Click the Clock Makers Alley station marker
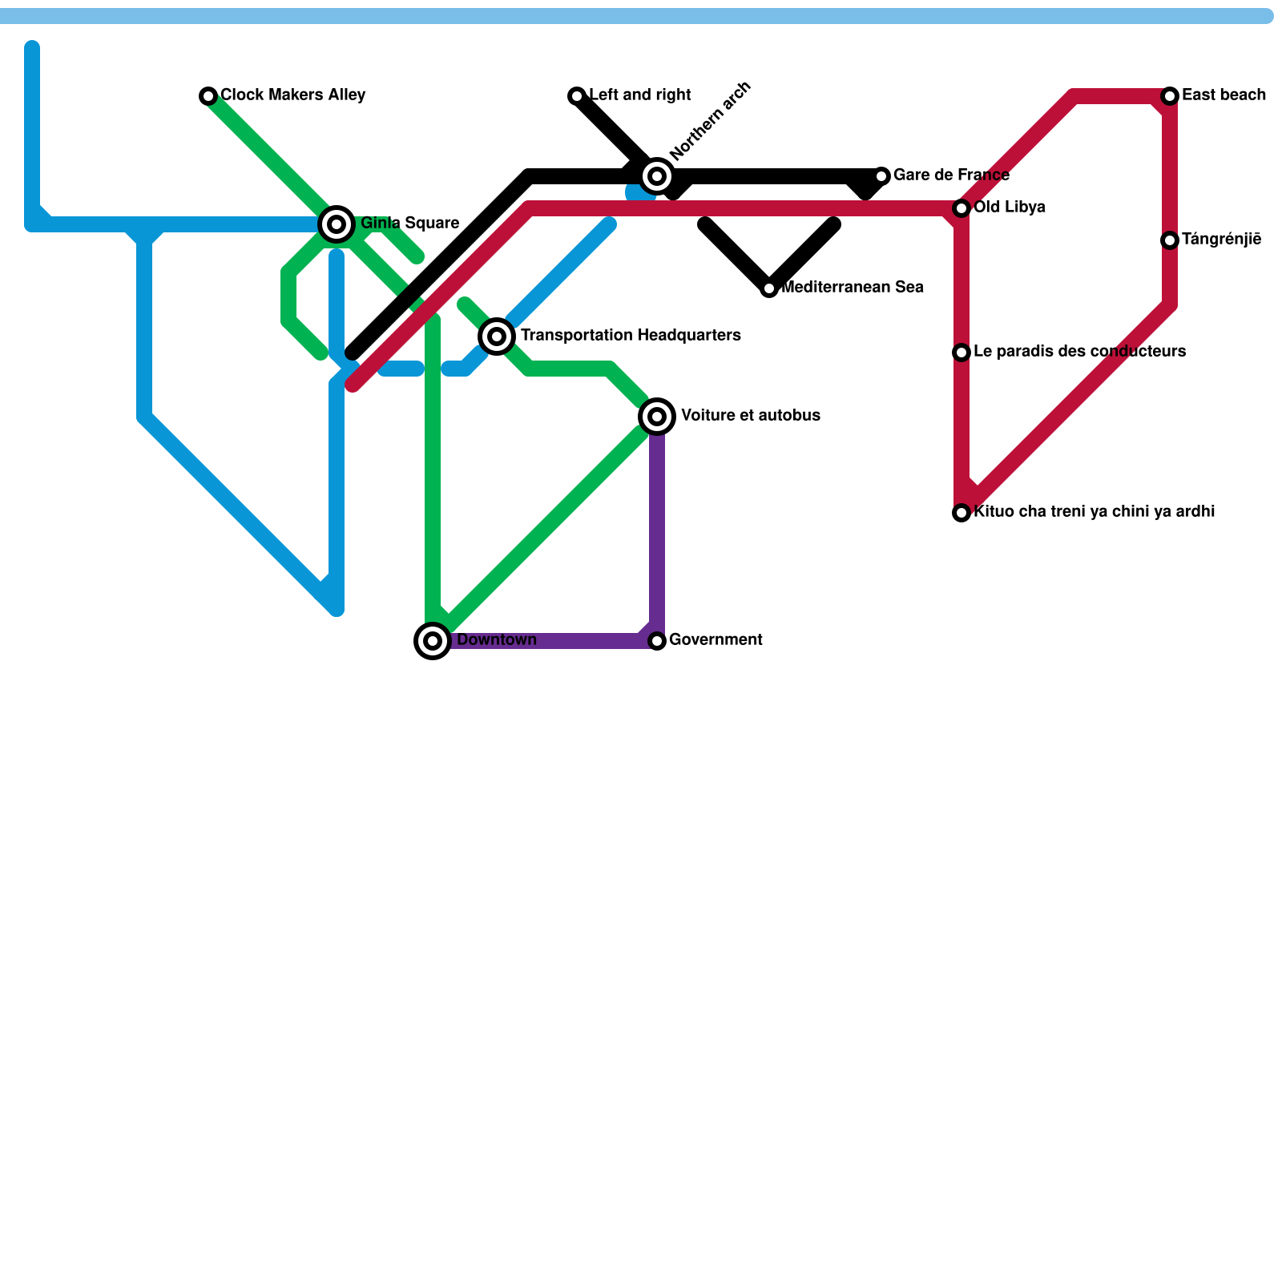click(208, 96)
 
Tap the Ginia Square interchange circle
click(337, 224)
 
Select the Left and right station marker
click(577, 96)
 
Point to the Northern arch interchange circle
click(657, 175)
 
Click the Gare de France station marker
click(881, 176)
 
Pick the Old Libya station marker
click(961, 208)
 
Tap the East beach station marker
click(1170, 96)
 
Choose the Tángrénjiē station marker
click(1170, 240)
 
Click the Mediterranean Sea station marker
click(769, 288)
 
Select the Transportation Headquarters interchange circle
click(497, 337)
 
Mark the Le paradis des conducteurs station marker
click(961, 353)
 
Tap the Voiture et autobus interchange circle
click(657, 417)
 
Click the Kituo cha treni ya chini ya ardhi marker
click(961, 513)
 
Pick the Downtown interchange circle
click(433, 641)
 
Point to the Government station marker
click(657, 641)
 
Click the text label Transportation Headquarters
click(631, 336)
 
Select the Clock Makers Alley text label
click(293, 95)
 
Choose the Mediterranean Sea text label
click(853, 288)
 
